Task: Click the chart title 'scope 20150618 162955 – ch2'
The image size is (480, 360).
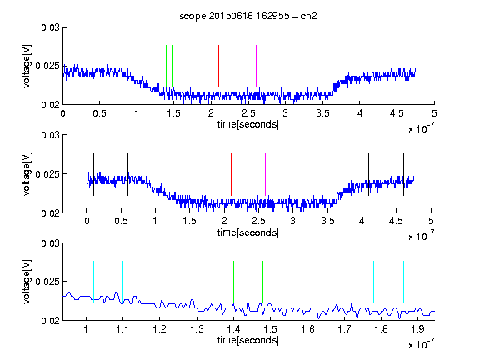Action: [x=248, y=16]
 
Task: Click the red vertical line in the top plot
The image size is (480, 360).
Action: [x=218, y=66]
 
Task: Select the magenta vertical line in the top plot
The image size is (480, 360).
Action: [x=256, y=66]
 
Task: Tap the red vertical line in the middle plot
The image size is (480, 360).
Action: [x=231, y=174]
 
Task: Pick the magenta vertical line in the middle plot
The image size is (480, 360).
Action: [x=265, y=174]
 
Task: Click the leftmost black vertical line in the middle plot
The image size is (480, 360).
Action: [x=93, y=174]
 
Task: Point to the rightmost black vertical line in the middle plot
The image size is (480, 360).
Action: [x=403, y=174]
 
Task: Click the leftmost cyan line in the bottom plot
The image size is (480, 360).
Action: [x=93, y=282]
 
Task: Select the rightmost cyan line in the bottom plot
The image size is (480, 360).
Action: [x=403, y=282]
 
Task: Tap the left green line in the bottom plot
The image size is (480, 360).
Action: [x=233, y=282]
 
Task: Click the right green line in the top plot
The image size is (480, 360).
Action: [x=173, y=66]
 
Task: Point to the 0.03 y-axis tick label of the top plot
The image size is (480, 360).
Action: [x=50, y=27]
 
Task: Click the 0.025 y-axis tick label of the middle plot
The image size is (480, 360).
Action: [x=47, y=174]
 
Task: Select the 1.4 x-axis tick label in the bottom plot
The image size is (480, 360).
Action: [x=233, y=329]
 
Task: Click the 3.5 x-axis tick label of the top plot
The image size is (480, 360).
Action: [x=322, y=113]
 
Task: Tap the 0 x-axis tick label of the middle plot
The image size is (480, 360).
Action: [x=87, y=221]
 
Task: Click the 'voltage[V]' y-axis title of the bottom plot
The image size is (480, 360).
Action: [x=27, y=282]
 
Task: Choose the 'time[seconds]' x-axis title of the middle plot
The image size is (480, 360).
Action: [x=248, y=232]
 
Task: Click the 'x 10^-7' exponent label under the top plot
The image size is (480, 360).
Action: [x=421, y=128]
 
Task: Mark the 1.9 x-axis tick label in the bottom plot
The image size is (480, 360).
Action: [x=417, y=329]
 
